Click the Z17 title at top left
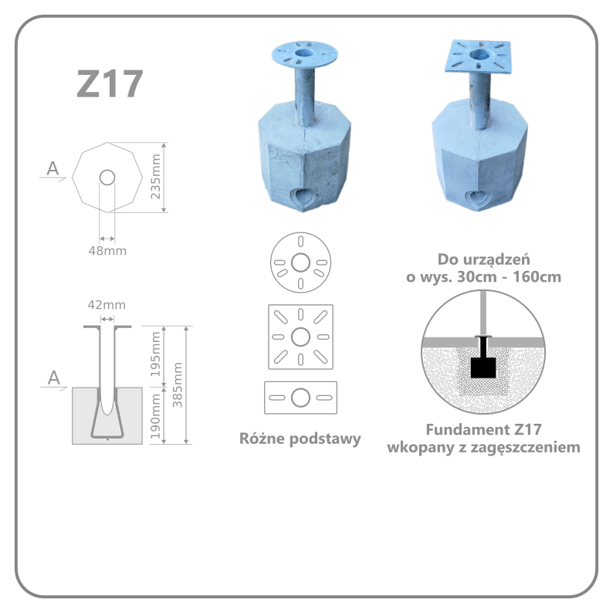click(110, 83)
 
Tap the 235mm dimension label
click(156, 176)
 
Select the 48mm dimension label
click(107, 251)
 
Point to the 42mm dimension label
click(107, 304)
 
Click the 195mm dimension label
click(156, 354)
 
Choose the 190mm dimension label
click(156, 416)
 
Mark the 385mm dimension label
click(178, 384)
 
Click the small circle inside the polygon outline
click(107, 178)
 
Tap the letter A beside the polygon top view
click(52, 168)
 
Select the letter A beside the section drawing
click(54, 378)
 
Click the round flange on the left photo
click(304, 54)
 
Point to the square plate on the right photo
click(478, 56)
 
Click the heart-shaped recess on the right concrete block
click(477, 199)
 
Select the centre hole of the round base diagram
click(300, 262)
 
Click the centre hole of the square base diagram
click(300, 337)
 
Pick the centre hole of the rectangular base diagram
click(300, 398)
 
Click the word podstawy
click(325, 439)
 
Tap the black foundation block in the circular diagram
click(483, 367)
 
